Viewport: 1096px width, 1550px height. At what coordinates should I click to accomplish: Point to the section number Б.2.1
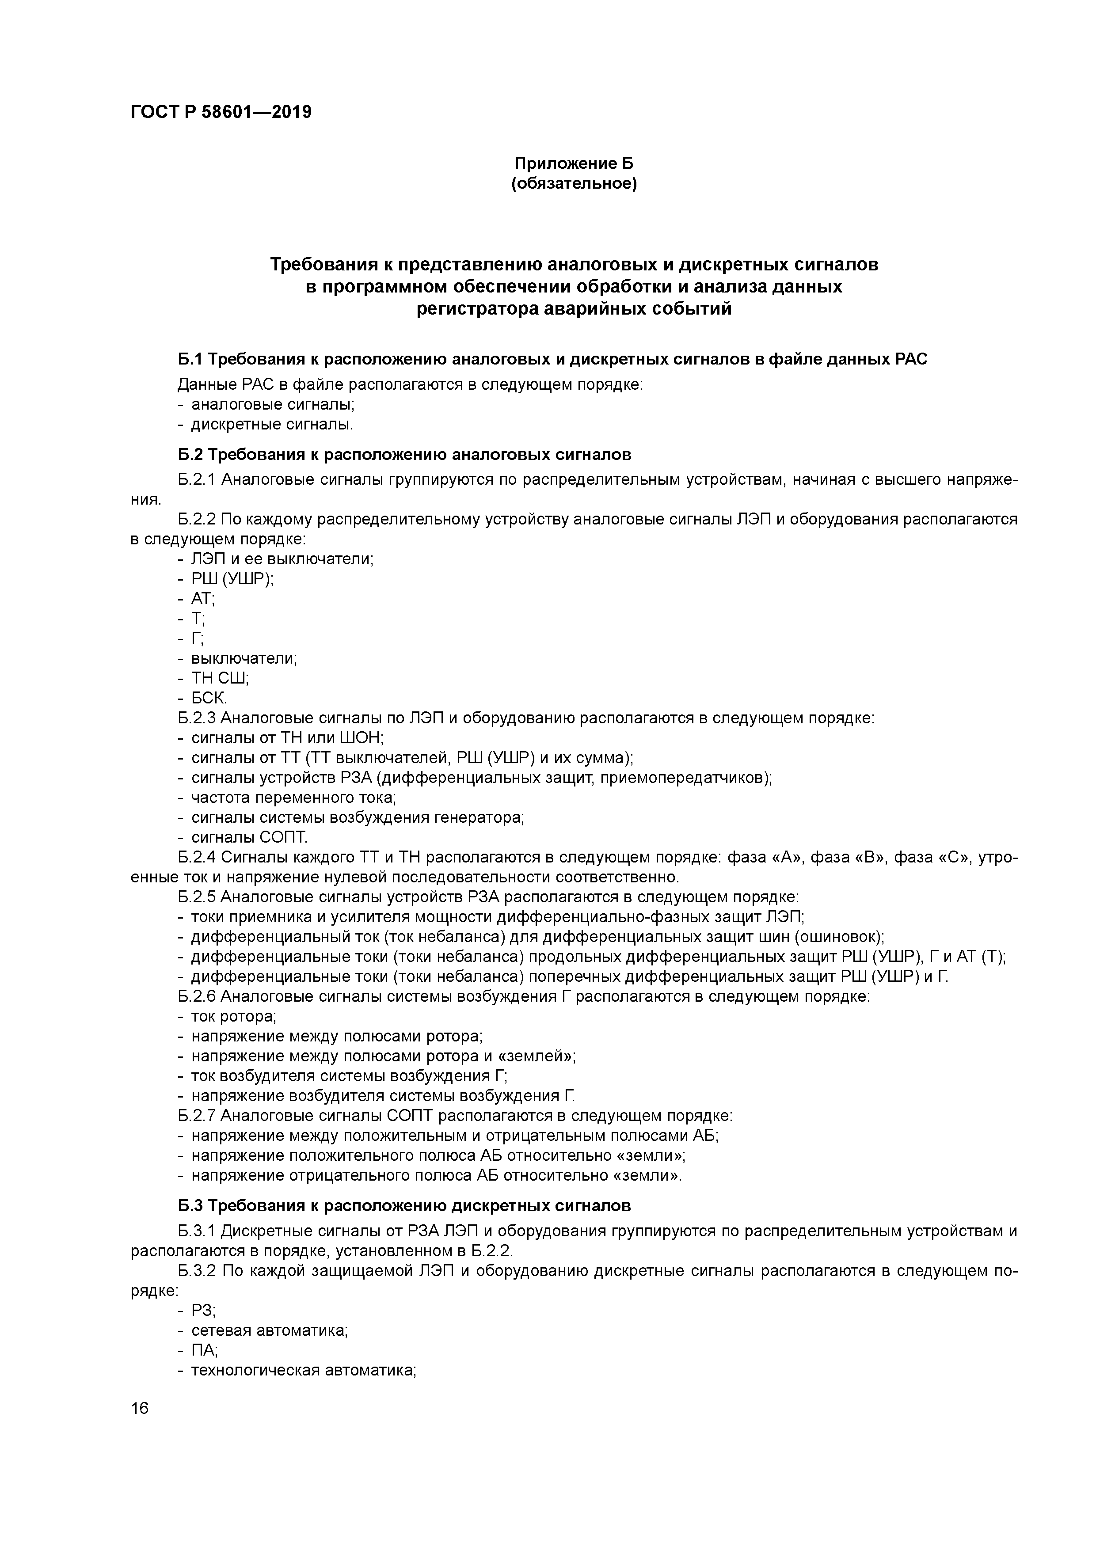[x=197, y=480]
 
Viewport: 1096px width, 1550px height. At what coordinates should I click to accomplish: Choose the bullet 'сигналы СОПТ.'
[x=249, y=838]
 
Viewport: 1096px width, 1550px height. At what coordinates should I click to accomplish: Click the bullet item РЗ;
[x=203, y=1311]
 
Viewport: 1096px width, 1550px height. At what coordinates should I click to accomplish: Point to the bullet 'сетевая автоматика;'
[x=270, y=1330]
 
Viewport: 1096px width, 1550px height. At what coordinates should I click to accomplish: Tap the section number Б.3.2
[x=197, y=1271]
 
